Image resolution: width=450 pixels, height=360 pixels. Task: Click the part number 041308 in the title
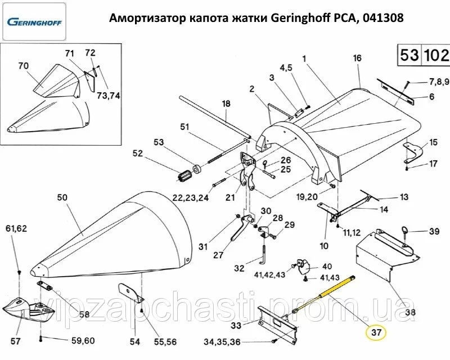pyautogui.click(x=382, y=17)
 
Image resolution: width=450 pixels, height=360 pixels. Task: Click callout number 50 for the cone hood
pyautogui.click(x=62, y=198)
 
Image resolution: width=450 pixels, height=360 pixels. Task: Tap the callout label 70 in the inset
pyautogui.click(x=23, y=66)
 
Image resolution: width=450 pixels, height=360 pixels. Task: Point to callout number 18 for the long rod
pyautogui.click(x=226, y=104)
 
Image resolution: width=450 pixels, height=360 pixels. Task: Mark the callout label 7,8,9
pyautogui.click(x=439, y=82)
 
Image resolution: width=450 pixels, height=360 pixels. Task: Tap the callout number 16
pyautogui.click(x=356, y=58)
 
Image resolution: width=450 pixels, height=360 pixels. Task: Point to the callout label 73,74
pyautogui.click(x=108, y=96)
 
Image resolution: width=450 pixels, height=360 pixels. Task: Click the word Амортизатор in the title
pyautogui.click(x=144, y=17)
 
